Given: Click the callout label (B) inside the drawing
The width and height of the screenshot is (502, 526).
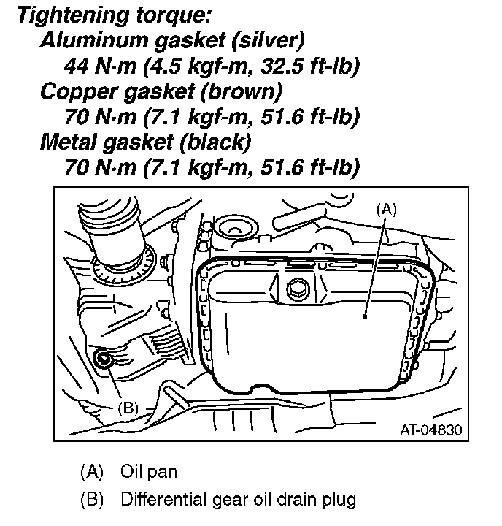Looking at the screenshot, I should [128, 407].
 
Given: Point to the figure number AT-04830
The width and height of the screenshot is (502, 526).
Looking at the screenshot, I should [431, 428].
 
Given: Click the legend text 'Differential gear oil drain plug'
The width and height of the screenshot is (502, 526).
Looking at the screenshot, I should [239, 500].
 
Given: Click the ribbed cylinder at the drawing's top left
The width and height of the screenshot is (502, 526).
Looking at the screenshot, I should [109, 219].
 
